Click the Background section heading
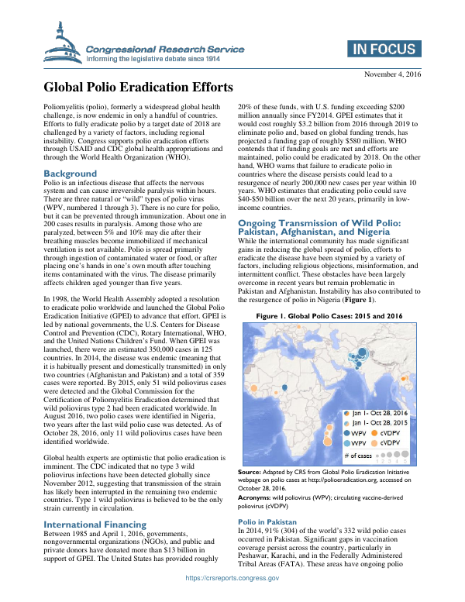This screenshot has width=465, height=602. point(71,173)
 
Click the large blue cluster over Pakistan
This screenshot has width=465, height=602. point(356,357)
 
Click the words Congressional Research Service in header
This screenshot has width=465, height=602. point(165,50)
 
